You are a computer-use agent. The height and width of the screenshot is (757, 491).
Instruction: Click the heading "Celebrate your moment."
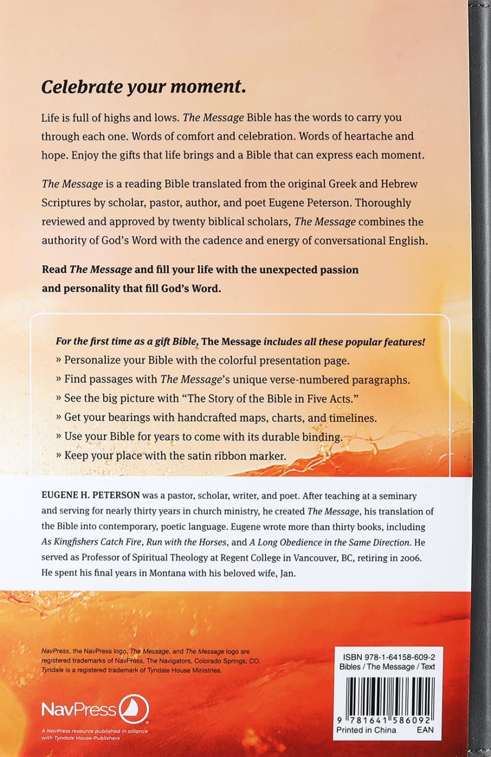pyautogui.click(x=143, y=87)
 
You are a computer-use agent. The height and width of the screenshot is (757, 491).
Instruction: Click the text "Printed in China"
pyautogui.click(x=366, y=730)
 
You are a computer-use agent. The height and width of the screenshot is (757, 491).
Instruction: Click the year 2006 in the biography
pyautogui.click(x=418, y=558)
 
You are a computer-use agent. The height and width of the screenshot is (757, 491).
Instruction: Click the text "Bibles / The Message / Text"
pyautogui.click(x=387, y=667)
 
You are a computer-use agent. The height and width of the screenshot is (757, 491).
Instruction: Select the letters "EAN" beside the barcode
pyautogui.click(x=425, y=730)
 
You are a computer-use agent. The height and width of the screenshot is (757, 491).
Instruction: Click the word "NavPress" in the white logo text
pyautogui.click(x=78, y=709)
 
